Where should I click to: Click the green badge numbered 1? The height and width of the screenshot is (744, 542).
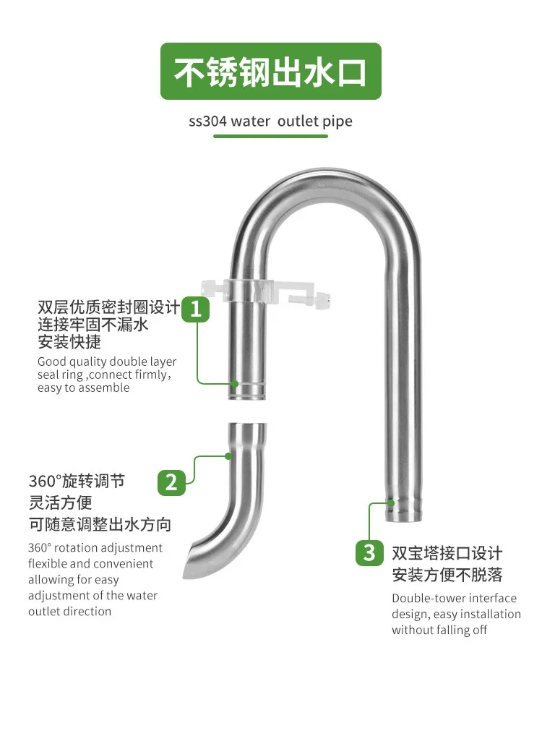(196, 309)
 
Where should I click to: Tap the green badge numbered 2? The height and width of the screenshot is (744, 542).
(171, 482)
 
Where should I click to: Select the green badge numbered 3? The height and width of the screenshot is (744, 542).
(369, 552)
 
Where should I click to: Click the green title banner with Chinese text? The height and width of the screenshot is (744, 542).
(271, 71)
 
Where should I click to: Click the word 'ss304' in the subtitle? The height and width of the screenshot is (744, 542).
(207, 121)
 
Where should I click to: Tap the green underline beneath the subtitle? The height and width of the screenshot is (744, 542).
(270, 136)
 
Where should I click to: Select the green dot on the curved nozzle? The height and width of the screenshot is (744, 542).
(228, 456)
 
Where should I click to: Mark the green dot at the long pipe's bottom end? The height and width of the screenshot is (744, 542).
(390, 503)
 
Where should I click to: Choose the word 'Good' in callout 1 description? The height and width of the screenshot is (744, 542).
(52, 362)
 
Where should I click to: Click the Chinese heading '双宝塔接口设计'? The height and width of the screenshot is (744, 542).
(447, 553)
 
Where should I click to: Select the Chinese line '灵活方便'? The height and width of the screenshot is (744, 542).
(60, 503)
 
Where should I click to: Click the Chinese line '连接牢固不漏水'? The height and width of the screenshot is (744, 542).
(93, 325)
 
